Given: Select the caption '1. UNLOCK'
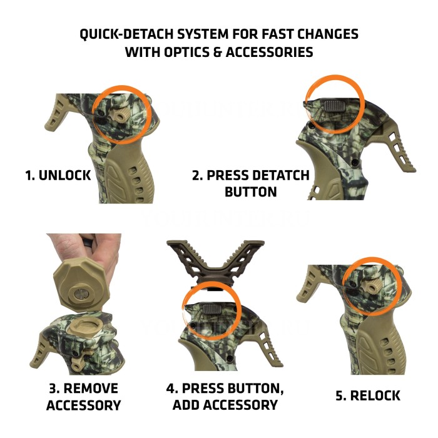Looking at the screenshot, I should click(58, 176).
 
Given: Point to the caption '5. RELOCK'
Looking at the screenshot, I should click(367, 395).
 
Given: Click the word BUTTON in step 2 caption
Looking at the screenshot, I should click(250, 192).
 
